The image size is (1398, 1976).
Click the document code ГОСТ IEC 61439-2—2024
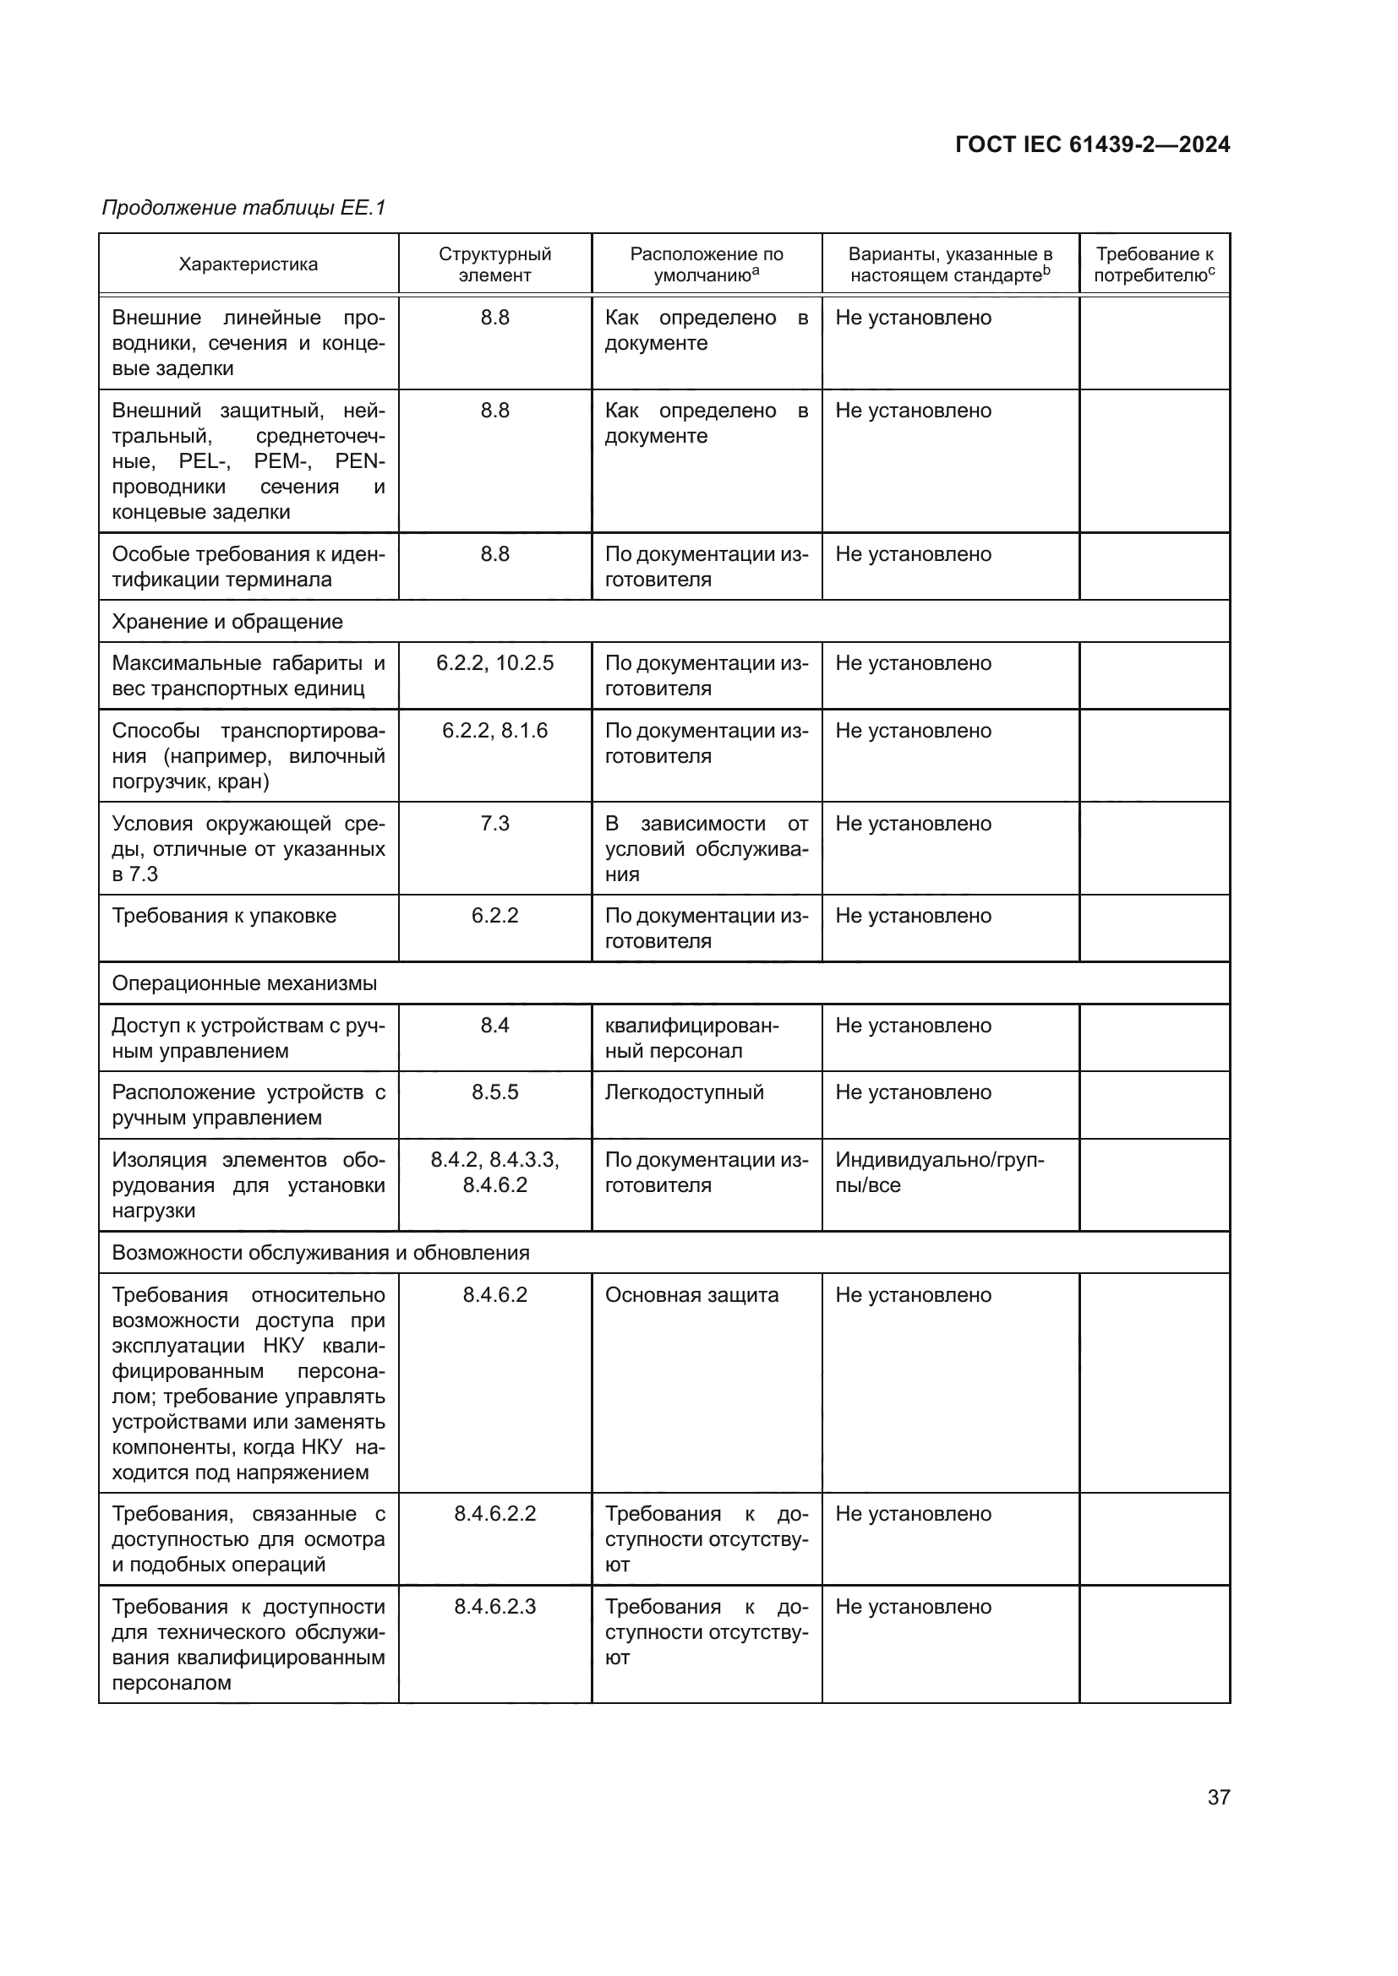click(1091, 144)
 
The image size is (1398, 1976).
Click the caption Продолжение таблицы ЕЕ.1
click(243, 208)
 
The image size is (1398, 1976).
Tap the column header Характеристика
click(248, 264)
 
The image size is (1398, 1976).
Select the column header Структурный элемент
click(494, 264)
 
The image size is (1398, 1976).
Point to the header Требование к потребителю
click(1154, 264)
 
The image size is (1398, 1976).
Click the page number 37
click(1218, 1797)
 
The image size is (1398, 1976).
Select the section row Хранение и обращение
click(227, 622)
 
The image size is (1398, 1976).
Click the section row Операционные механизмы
click(244, 983)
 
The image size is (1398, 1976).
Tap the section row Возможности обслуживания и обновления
click(320, 1252)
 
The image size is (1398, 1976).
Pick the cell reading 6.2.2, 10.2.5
click(494, 663)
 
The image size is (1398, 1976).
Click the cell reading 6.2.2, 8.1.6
click(494, 731)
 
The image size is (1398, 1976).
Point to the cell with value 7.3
click(494, 824)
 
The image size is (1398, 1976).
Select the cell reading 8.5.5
click(494, 1092)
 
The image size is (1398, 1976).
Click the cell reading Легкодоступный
click(685, 1092)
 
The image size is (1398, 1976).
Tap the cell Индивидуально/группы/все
click(939, 1173)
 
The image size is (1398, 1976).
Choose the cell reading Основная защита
click(691, 1295)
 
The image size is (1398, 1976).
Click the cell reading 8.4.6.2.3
click(494, 1607)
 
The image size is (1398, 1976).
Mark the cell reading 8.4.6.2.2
click(494, 1514)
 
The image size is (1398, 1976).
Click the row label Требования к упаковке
click(224, 916)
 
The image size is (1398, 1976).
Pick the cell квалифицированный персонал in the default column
click(691, 1038)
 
